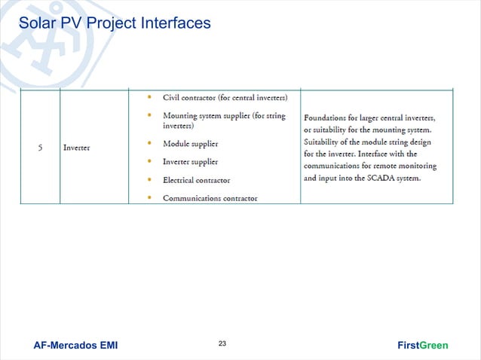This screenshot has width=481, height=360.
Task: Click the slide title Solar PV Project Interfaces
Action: [x=115, y=23]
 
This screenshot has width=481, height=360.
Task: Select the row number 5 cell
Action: [x=39, y=147]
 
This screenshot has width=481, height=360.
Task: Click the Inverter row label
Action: [x=77, y=147]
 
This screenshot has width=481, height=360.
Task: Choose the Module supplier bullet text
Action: [x=191, y=143]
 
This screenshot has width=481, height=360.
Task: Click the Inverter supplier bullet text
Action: [x=191, y=161]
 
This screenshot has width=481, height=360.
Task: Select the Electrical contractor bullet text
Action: [x=197, y=180]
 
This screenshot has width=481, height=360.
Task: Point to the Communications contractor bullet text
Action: [x=210, y=198]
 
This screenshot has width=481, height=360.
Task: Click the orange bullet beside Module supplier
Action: [x=151, y=143]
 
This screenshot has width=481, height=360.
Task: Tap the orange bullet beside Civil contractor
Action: [x=151, y=97]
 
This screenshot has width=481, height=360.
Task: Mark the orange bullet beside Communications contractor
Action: [x=151, y=198]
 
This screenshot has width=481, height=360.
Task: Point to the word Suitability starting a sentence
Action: [x=325, y=142]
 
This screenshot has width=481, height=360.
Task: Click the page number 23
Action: [x=222, y=344]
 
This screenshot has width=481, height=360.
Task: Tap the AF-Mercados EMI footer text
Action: [x=75, y=346]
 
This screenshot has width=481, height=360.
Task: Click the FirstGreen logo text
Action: [x=422, y=346]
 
